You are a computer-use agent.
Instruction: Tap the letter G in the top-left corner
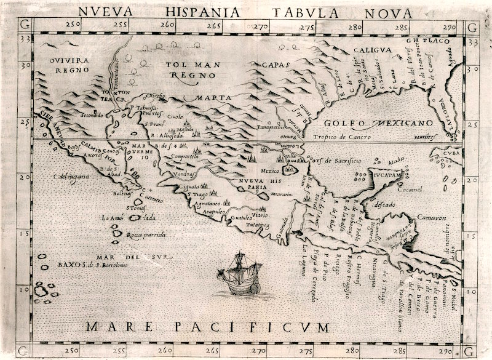click(25, 26)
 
